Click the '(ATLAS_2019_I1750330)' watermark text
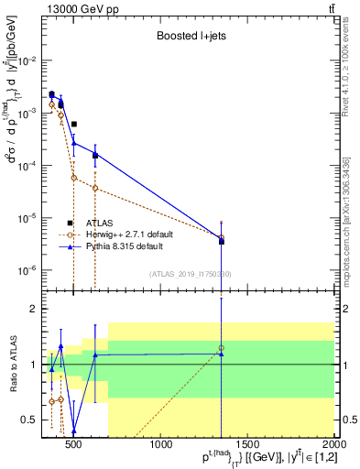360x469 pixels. coord(191,274)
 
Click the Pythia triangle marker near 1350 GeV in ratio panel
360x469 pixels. coord(221,354)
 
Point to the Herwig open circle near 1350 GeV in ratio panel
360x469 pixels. coord(221,348)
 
